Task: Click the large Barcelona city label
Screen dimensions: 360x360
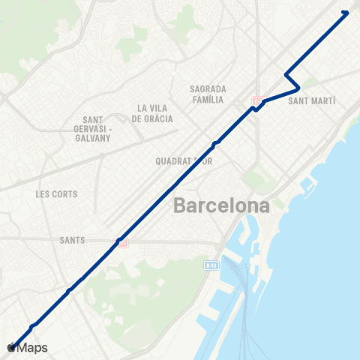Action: pyautogui.click(x=221, y=205)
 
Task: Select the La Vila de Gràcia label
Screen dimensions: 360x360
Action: pyautogui.click(x=152, y=113)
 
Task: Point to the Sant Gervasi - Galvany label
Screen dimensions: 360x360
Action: pyautogui.click(x=97, y=129)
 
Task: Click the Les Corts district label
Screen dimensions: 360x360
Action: pyautogui.click(x=56, y=194)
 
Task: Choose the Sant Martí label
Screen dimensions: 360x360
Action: pyautogui.click(x=312, y=100)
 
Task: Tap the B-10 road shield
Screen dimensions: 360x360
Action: pyautogui.click(x=212, y=265)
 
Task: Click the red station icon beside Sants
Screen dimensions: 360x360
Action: pyautogui.click(x=122, y=241)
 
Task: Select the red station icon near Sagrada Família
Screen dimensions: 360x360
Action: pyautogui.click(x=258, y=101)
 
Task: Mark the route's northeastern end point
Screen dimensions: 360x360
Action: pyautogui.click(x=345, y=12)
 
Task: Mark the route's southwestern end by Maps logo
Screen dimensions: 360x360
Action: pyautogui.click(x=13, y=344)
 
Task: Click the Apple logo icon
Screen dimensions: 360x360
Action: pyautogui.click(x=10, y=347)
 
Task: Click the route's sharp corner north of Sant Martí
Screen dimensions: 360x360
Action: pyautogui.click(x=286, y=73)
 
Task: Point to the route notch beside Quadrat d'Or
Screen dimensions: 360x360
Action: pyautogui.click(x=216, y=142)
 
